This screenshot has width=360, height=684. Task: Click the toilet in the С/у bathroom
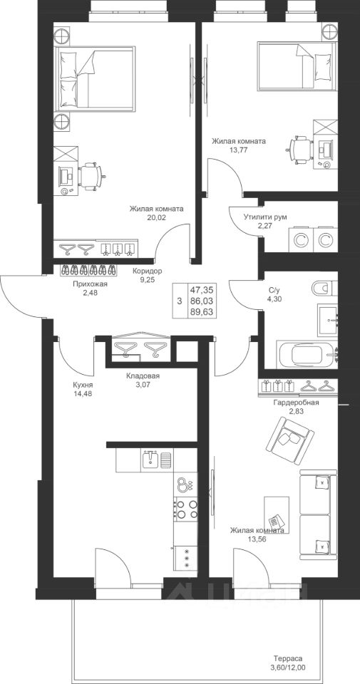(324, 289)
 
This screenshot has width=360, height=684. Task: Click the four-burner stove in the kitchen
(186, 509)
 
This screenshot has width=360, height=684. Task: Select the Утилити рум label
(265, 217)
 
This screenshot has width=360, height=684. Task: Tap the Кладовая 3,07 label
(143, 380)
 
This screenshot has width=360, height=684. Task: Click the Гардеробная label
(296, 403)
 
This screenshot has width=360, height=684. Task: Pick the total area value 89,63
(202, 311)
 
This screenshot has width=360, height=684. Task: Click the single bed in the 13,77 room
(297, 66)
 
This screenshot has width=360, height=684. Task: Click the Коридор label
(148, 271)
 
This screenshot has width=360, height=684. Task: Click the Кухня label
(83, 385)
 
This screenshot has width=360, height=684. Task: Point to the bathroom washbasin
(327, 320)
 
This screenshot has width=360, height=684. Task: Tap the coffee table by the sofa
(277, 515)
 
